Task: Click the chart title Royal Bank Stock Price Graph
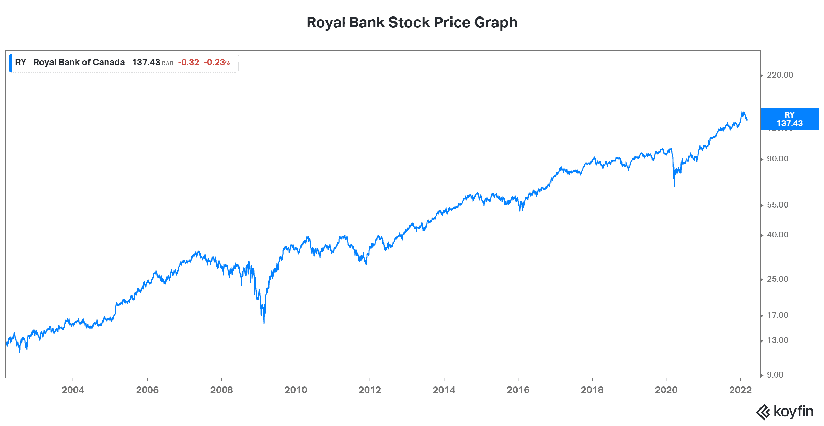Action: point(412,23)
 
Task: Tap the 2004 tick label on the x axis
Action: point(73,390)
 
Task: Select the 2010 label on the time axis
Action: point(296,390)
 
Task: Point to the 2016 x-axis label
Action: point(518,390)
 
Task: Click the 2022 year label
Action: point(740,390)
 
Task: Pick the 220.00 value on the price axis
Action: point(780,75)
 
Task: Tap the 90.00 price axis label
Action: point(777,159)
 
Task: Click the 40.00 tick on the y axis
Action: point(777,235)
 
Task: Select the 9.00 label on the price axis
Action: point(775,375)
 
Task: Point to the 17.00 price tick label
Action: point(777,315)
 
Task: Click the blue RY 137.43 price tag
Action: point(789,119)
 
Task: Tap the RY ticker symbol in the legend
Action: point(21,63)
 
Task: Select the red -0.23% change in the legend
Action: point(217,63)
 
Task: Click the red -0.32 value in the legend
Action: point(188,63)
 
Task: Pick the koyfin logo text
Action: point(793,412)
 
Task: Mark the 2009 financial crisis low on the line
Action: point(264,323)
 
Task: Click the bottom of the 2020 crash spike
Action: point(675,186)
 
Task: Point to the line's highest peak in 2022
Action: point(742,112)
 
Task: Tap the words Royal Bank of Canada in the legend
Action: point(79,63)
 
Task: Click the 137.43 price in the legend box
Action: point(146,63)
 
